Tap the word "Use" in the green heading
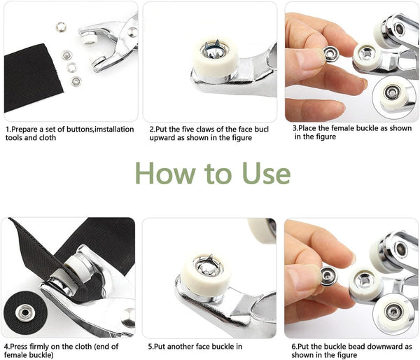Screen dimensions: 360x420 (262, 173)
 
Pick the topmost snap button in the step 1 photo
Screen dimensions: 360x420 (61, 27)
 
